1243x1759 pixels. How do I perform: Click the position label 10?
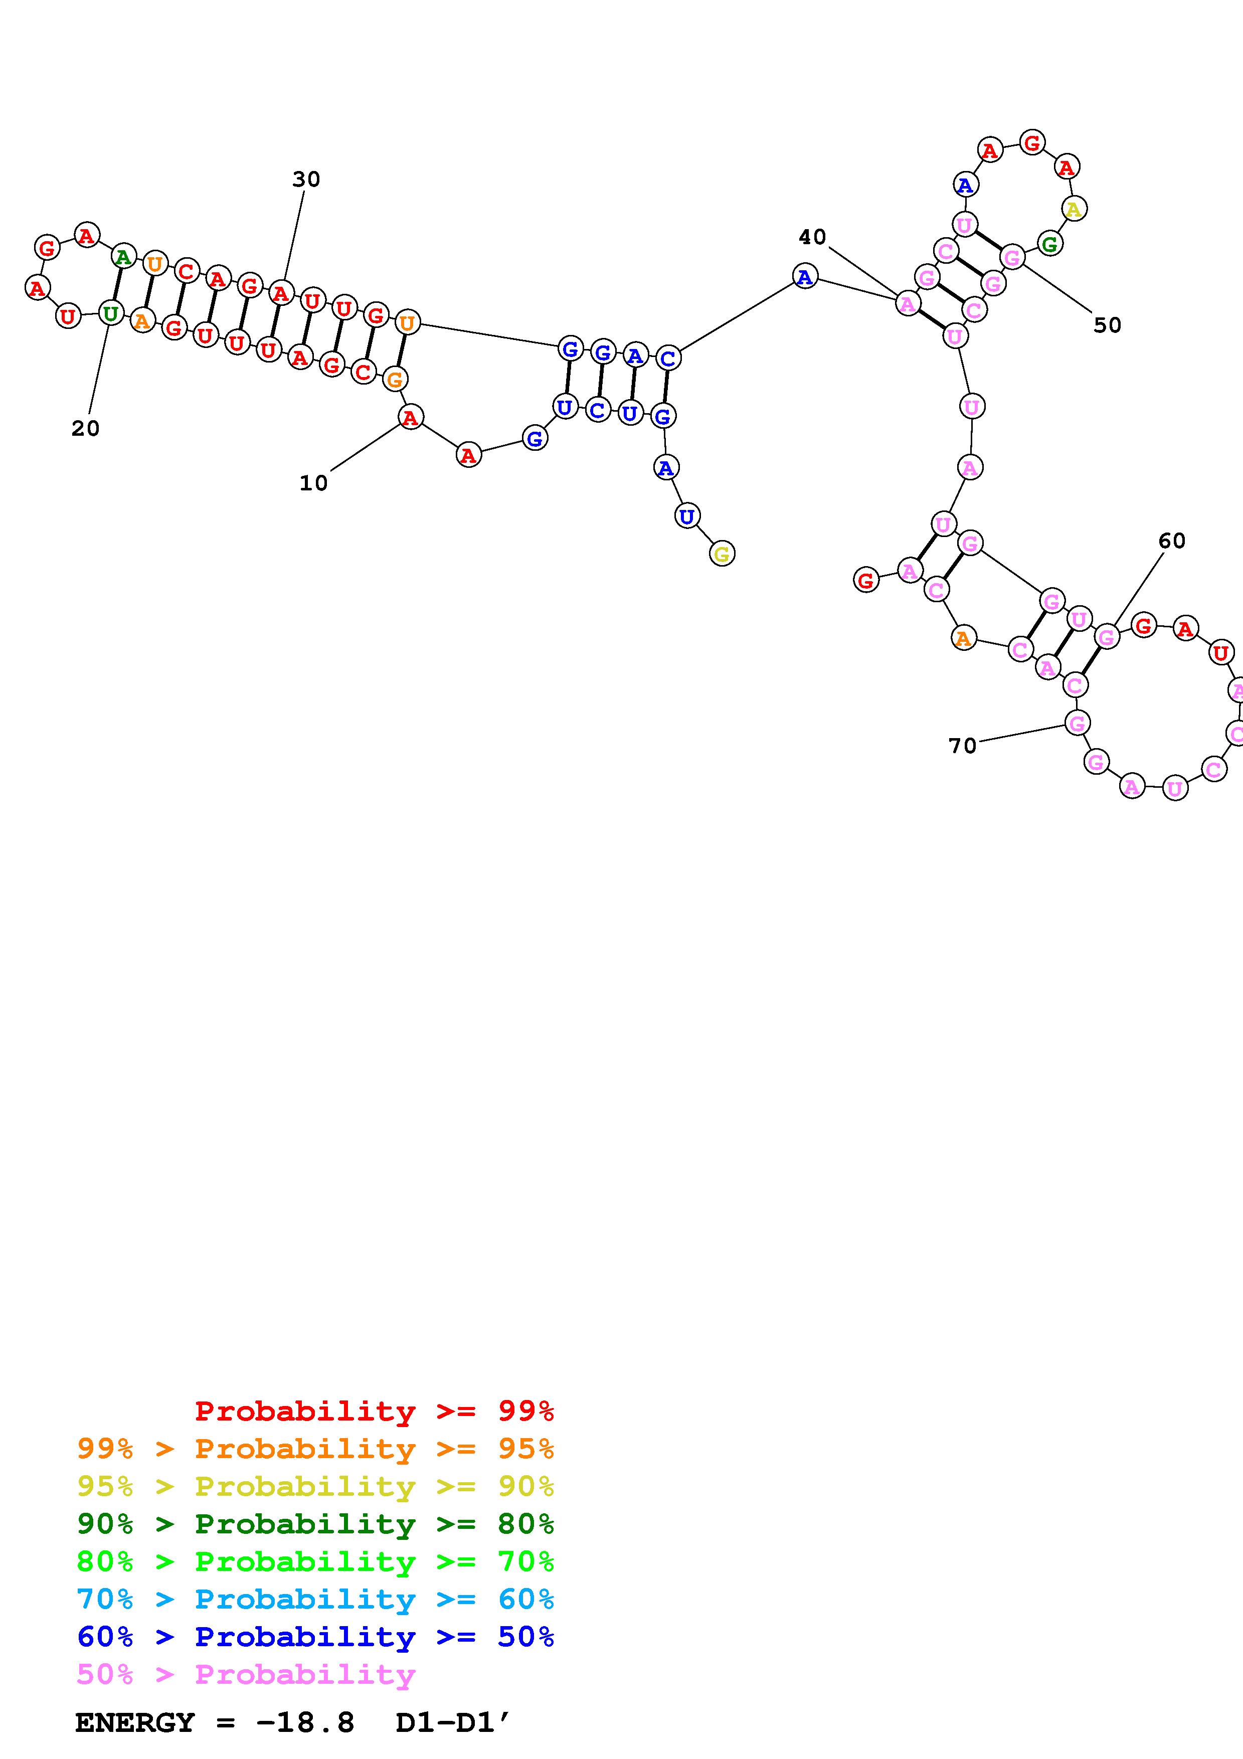coord(313,483)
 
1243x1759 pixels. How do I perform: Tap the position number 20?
coord(86,429)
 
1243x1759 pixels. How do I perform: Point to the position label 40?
coord(813,238)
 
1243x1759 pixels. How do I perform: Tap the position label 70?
coord(963,746)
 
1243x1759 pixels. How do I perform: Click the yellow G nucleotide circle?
coord(722,553)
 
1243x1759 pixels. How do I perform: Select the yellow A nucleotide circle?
coord(1074,209)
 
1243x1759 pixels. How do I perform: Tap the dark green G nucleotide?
coord(1049,244)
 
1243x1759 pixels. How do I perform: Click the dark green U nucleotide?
coord(111,312)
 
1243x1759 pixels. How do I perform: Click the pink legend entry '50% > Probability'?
coord(246,1675)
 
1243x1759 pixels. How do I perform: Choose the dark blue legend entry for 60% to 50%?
coord(315,1637)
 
